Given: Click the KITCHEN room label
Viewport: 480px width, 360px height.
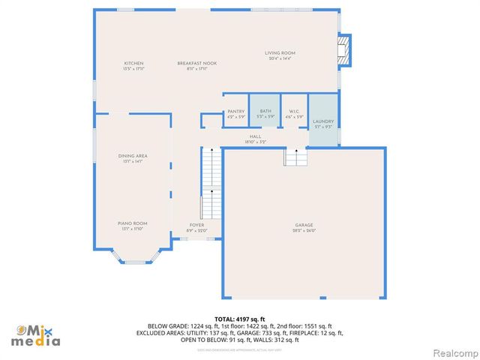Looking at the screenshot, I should click(133, 63).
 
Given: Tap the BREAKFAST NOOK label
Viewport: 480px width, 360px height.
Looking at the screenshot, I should click(197, 63).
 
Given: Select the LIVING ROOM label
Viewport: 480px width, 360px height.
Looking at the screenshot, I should click(280, 52).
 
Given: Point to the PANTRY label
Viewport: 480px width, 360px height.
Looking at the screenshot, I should click(235, 111).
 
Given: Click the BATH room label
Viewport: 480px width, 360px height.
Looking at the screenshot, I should click(265, 111).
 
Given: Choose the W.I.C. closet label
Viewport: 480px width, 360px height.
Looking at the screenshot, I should click(294, 111).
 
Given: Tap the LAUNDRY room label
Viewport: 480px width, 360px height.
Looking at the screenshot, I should click(323, 121).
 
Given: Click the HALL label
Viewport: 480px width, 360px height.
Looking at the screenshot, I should click(255, 136).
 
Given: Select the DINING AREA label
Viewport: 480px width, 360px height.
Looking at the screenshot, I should click(132, 155).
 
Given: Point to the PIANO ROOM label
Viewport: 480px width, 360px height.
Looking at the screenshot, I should click(132, 223).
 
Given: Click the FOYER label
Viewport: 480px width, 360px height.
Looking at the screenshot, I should click(196, 225).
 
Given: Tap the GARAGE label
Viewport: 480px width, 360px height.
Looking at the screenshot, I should click(304, 225).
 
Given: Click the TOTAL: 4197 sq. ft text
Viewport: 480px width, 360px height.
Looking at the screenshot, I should click(239, 319).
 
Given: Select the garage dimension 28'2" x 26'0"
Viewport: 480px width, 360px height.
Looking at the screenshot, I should click(304, 231).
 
